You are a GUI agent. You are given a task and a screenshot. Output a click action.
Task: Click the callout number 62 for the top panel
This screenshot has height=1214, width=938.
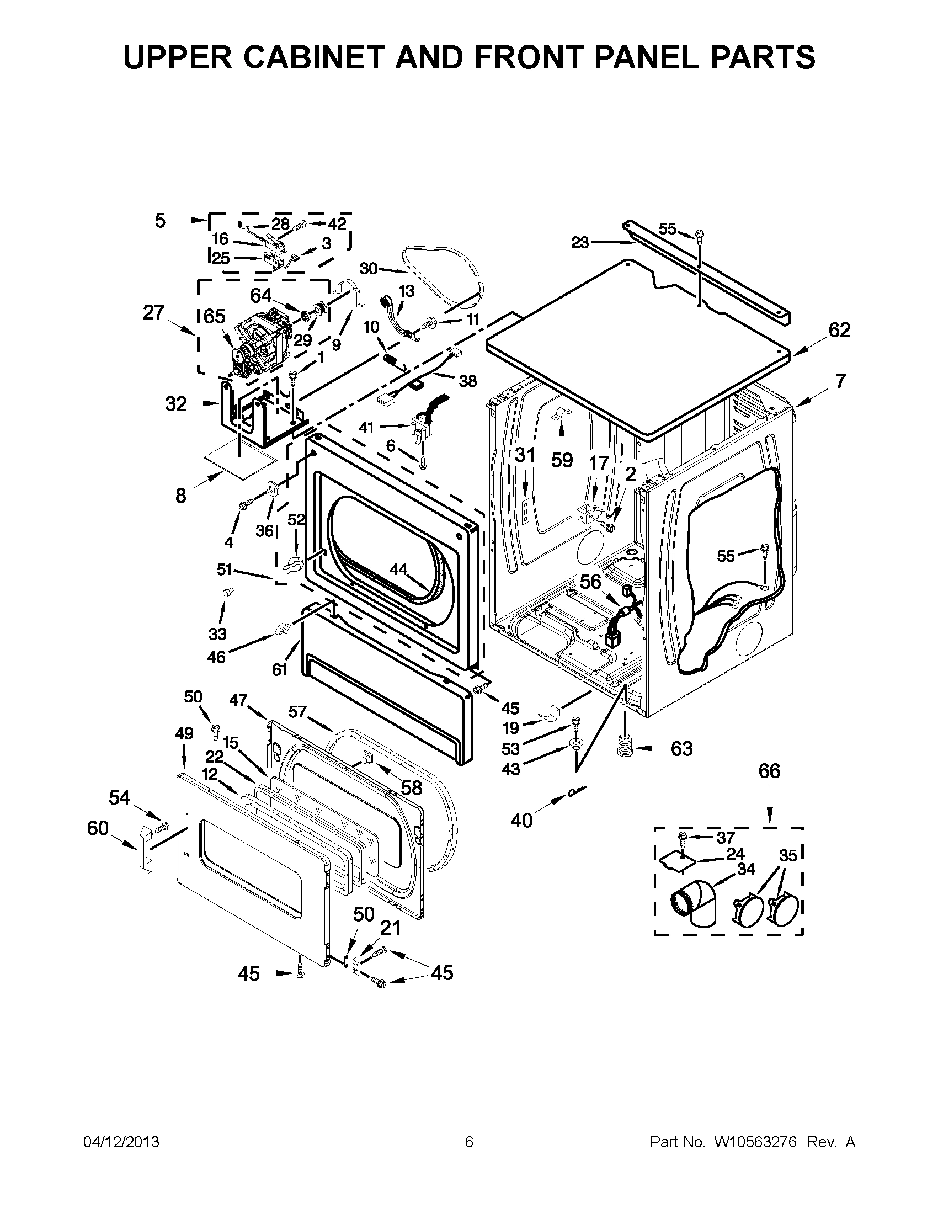click(839, 330)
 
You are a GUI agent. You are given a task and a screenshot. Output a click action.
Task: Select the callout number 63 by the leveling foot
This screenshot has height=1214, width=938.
click(682, 749)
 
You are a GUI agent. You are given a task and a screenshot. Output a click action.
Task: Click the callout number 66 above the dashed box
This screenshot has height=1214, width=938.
click(770, 771)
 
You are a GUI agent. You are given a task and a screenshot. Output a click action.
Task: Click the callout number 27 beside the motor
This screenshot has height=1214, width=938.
click(153, 313)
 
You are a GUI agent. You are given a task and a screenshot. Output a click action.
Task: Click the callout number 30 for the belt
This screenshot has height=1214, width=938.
click(369, 269)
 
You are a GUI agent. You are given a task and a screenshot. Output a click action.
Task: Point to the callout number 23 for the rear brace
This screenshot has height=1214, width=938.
click(580, 243)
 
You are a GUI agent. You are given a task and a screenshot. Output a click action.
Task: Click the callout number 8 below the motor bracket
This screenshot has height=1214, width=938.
click(180, 496)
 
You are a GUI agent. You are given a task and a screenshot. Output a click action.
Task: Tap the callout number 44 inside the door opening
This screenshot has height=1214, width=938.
click(398, 569)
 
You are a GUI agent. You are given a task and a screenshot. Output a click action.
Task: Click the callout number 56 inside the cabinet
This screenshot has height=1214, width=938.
click(590, 582)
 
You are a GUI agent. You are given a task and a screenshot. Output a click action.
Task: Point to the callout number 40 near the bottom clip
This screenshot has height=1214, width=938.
click(521, 820)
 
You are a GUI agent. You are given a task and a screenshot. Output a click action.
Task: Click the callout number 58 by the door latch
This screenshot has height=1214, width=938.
click(412, 787)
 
